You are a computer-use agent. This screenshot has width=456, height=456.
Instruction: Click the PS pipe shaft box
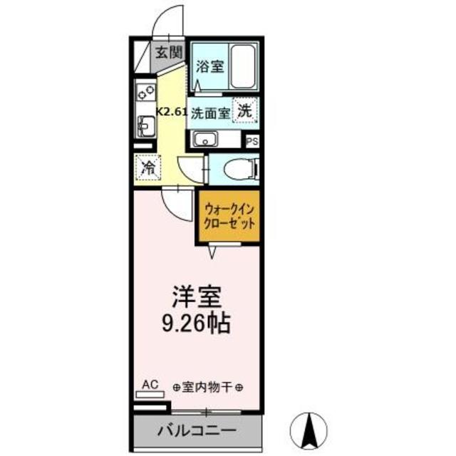click(252, 141)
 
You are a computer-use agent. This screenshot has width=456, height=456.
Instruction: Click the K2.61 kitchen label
click(172, 111)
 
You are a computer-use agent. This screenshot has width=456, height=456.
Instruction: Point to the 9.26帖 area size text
click(194, 324)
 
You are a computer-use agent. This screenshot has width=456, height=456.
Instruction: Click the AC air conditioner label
click(149, 385)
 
